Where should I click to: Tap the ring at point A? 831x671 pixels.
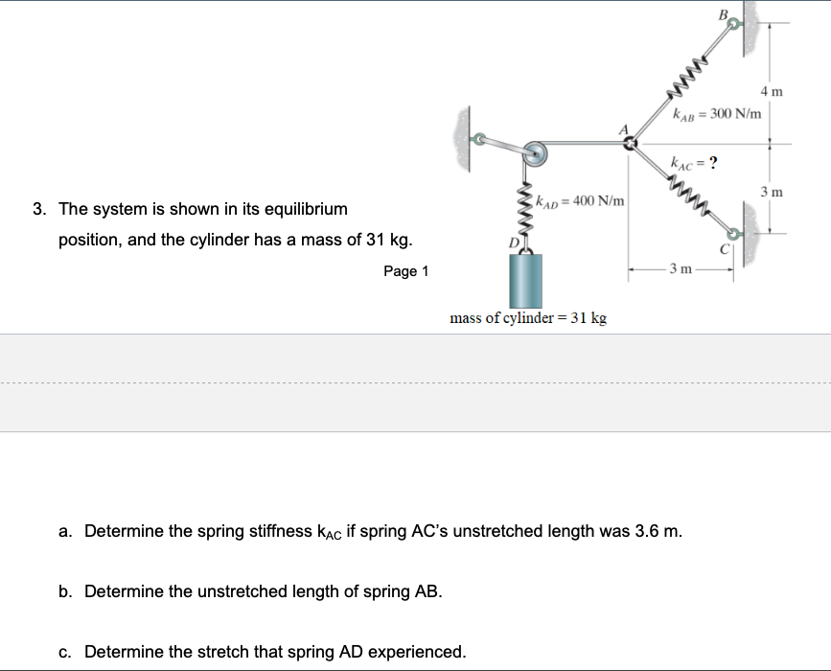[630, 145]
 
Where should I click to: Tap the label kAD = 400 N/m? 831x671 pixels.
[580, 201]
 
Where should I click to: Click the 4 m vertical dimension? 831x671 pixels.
[771, 92]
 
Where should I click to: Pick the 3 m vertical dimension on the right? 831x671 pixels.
[771, 193]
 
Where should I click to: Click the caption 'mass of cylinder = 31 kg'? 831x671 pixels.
[528, 318]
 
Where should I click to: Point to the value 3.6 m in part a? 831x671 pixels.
[658, 530]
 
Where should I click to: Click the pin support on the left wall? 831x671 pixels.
[476, 139]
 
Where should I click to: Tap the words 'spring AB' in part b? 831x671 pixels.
[393, 591]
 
